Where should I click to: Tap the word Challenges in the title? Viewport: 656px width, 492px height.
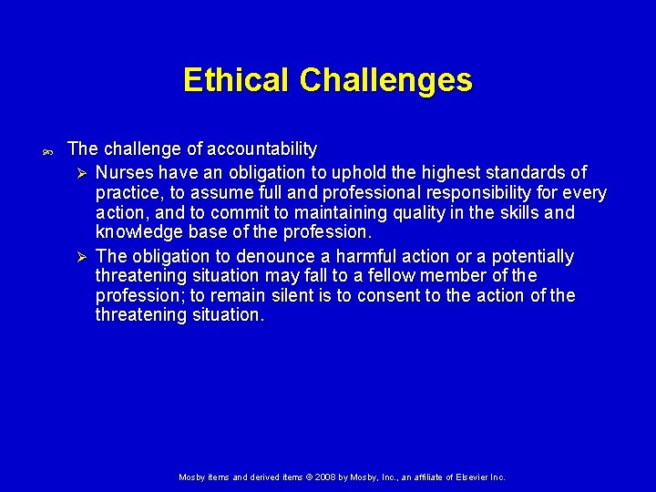point(385,80)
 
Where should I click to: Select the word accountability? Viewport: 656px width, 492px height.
point(262,149)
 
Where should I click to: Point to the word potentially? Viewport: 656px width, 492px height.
point(533,257)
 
